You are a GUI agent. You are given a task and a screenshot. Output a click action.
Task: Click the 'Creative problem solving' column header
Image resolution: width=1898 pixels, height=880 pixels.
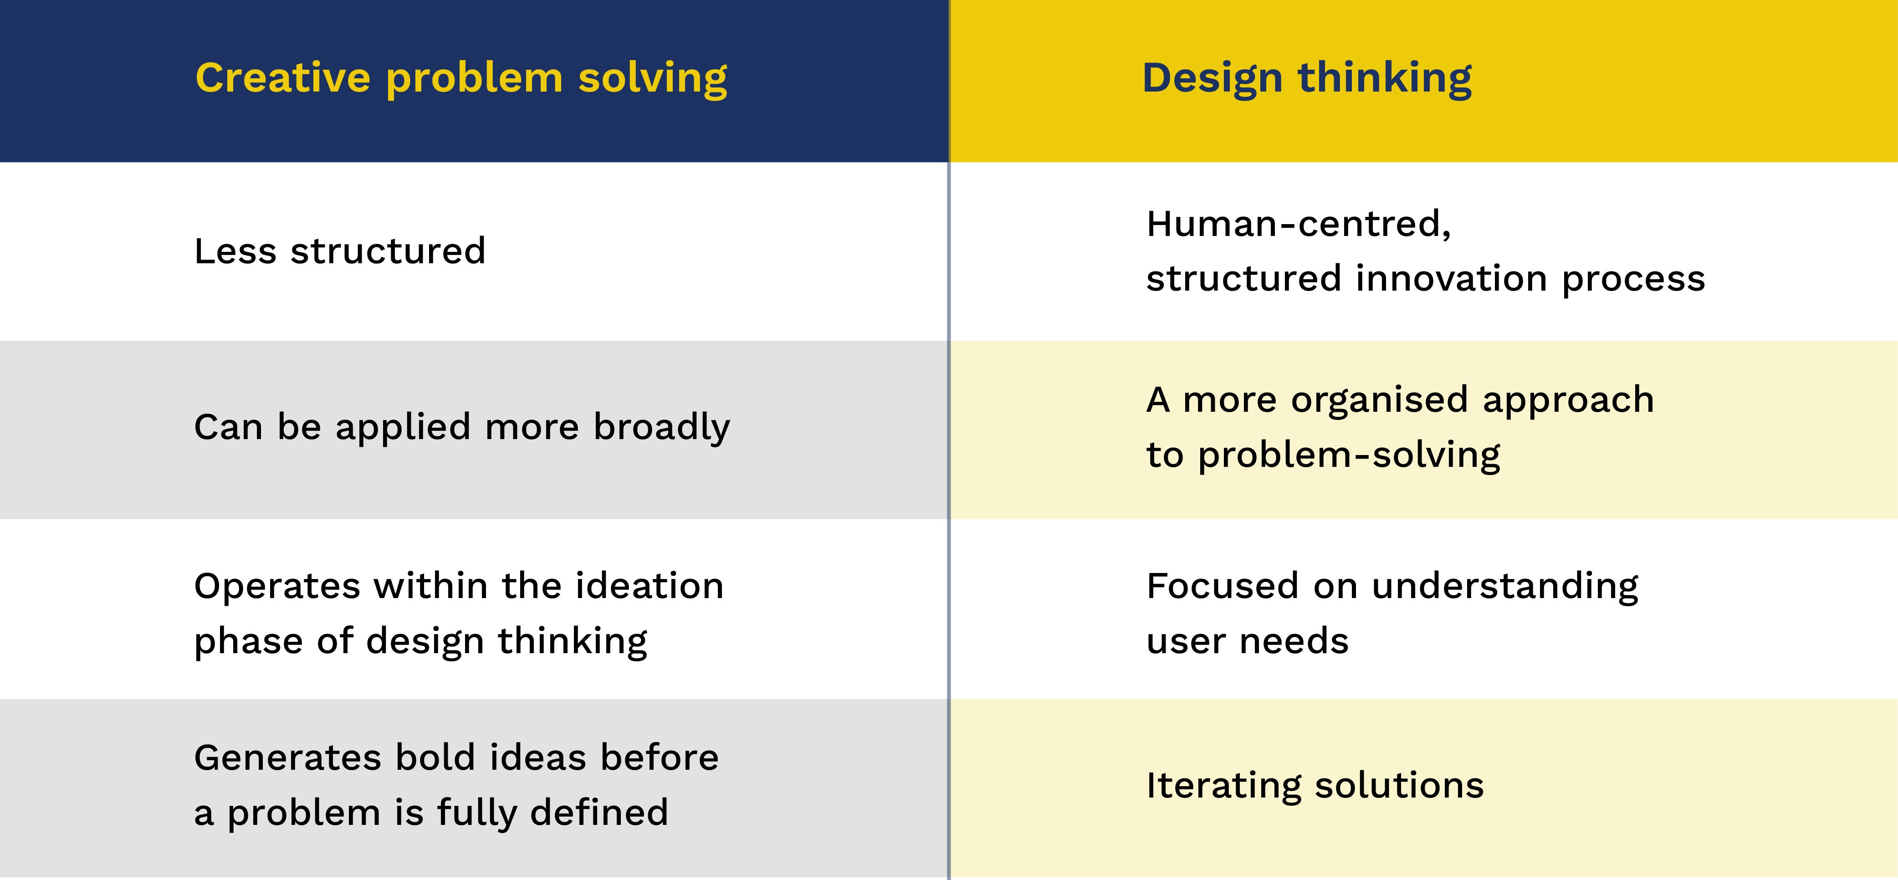[x=461, y=79]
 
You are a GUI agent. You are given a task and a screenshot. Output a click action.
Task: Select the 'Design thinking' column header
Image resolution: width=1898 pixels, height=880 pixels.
[x=1306, y=79]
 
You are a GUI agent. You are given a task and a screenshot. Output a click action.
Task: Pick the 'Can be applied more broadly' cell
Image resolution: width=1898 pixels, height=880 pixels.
[x=462, y=427]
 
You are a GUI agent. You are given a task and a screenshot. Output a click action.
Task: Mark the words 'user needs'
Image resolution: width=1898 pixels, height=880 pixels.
[x=1248, y=641]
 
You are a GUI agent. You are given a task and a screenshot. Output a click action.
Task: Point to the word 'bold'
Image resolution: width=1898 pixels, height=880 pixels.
[x=435, y=757]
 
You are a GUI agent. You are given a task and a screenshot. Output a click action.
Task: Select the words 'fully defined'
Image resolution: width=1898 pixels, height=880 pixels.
[x=553, y=813]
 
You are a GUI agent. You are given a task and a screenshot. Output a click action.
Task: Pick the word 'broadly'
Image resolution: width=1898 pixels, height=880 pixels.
[x=662, y=427]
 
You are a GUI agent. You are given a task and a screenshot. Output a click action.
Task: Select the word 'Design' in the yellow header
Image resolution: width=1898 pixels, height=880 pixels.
[x=1213, y=79]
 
